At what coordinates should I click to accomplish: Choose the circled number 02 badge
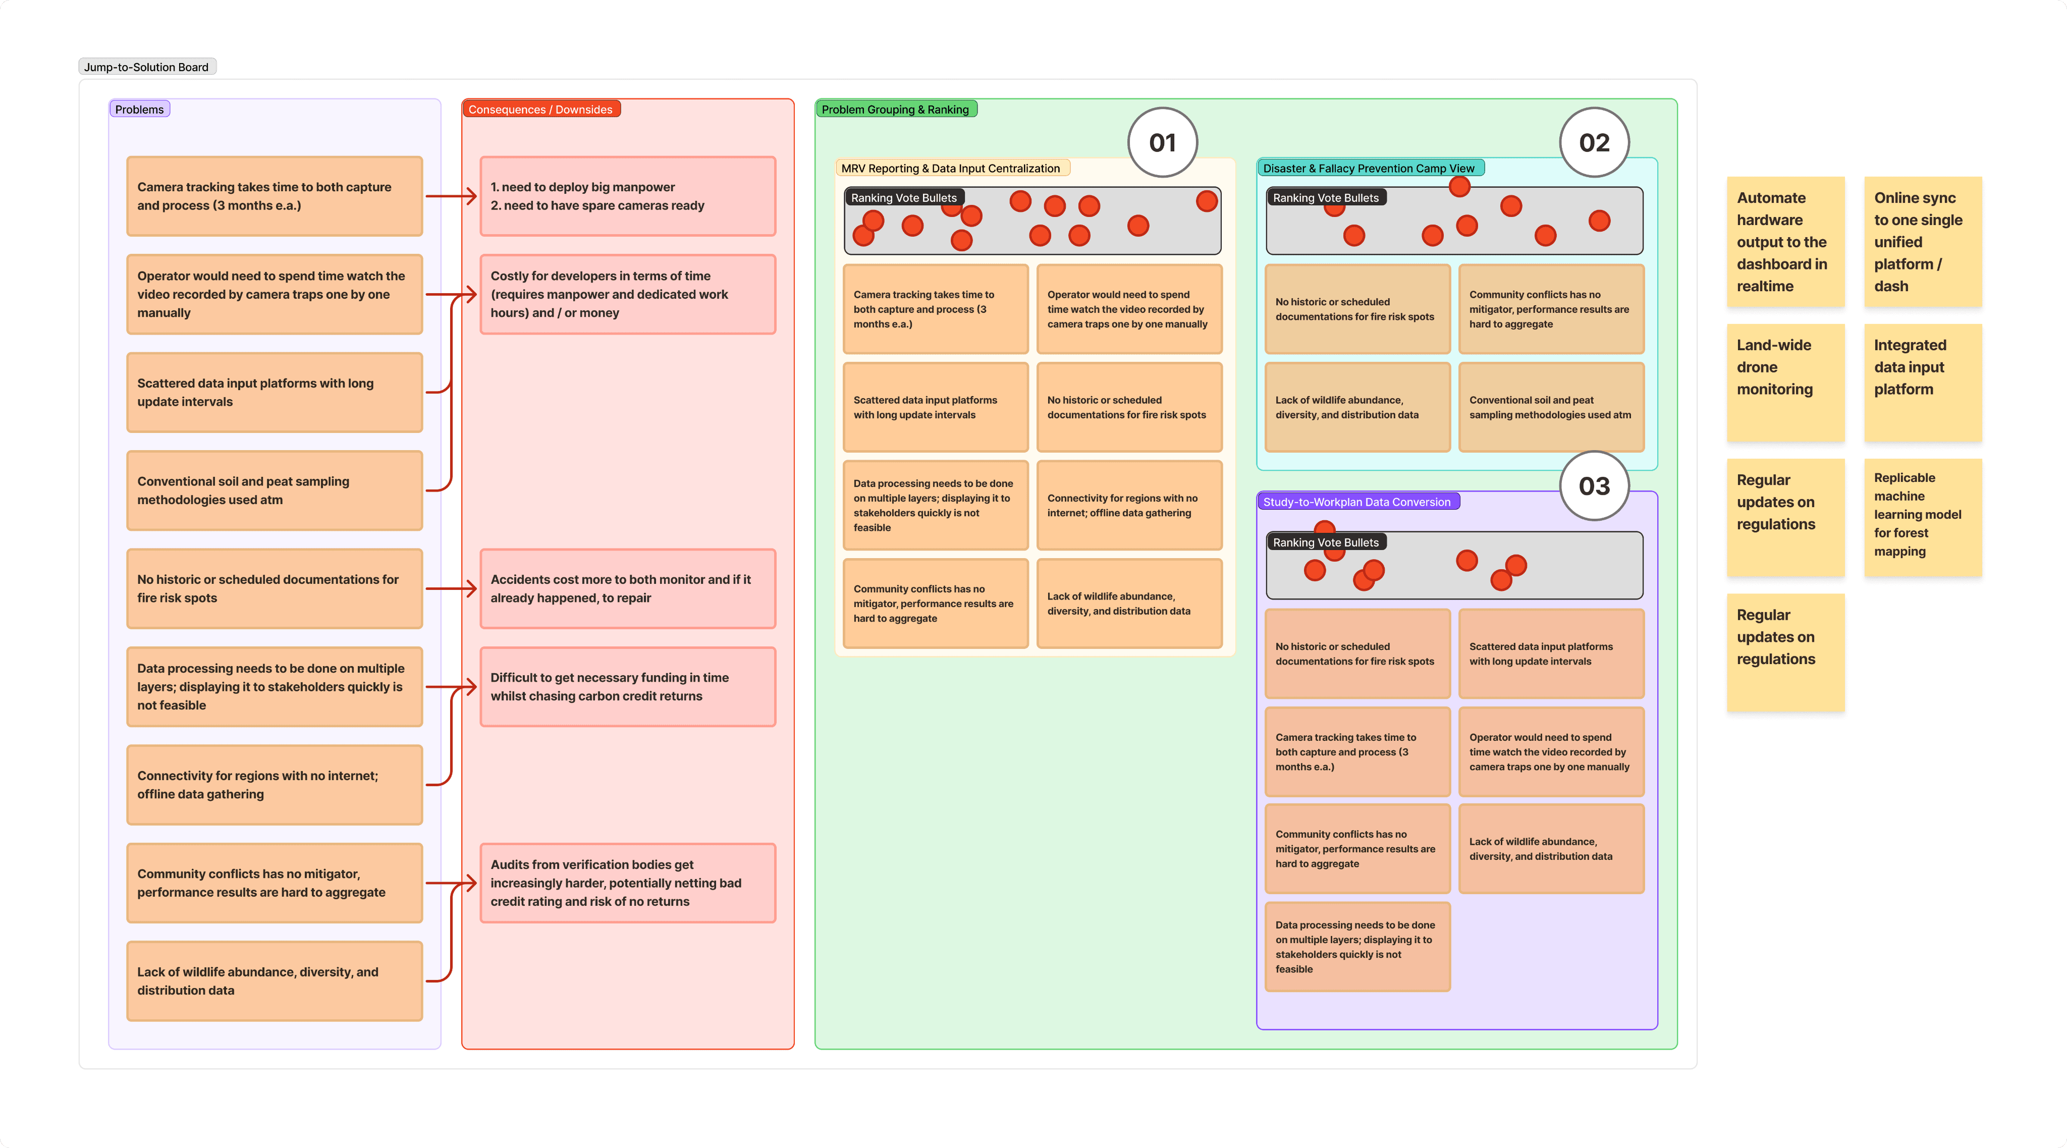pos(1594,143)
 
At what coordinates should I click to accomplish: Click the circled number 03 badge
pos(1594,486)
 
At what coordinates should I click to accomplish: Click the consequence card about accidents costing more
pos(627,589)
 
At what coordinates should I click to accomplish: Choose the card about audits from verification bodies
pos(627,883)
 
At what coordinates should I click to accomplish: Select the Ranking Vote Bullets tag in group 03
pos(1326,542)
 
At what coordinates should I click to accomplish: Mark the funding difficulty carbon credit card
pos(627,687)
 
